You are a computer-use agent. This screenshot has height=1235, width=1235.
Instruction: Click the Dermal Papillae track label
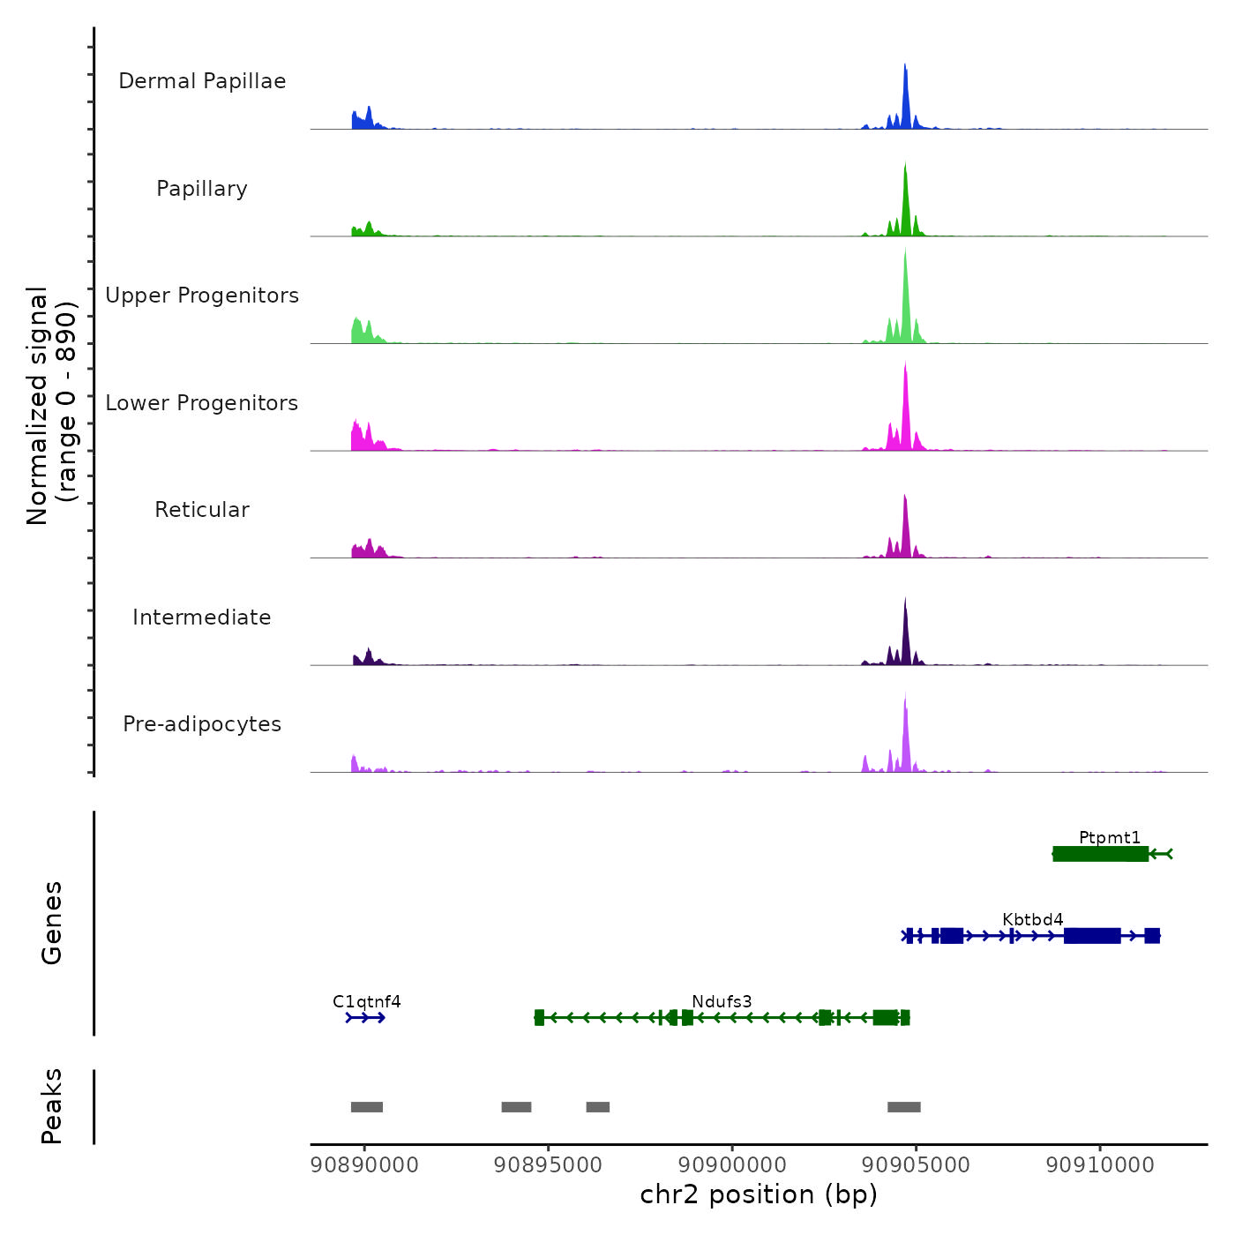[202, 81]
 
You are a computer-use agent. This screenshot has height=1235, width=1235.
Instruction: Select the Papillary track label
[202, 189]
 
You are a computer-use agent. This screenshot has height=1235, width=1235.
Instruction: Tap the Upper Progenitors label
[202, 296]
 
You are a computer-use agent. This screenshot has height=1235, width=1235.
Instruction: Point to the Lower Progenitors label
[202, 403]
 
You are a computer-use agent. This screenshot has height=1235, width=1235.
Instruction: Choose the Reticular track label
[202, 510]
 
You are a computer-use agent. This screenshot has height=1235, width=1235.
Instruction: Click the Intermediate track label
[202, 617]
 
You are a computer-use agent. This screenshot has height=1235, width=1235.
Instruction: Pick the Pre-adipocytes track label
[202, 724]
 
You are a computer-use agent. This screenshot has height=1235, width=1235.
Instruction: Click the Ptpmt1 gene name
[1110, 837]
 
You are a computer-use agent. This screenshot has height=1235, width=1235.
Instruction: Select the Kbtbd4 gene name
[1033, 919]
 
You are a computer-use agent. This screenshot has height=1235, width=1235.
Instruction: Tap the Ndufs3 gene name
[722, 1001]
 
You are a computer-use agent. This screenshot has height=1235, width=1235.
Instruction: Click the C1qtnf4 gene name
[367, 1001]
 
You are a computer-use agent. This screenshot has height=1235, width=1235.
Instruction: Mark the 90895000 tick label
[549, 1164]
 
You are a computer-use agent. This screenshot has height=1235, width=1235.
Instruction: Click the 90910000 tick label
[1100, 1164]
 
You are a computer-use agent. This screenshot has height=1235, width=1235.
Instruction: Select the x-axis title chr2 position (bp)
[759, 1194]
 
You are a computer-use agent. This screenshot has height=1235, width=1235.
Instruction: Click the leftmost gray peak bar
[367, 1107]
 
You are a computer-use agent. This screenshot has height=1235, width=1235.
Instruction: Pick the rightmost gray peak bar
[904, 1107]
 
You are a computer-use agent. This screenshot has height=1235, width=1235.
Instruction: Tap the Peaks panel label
[52, 1106]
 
